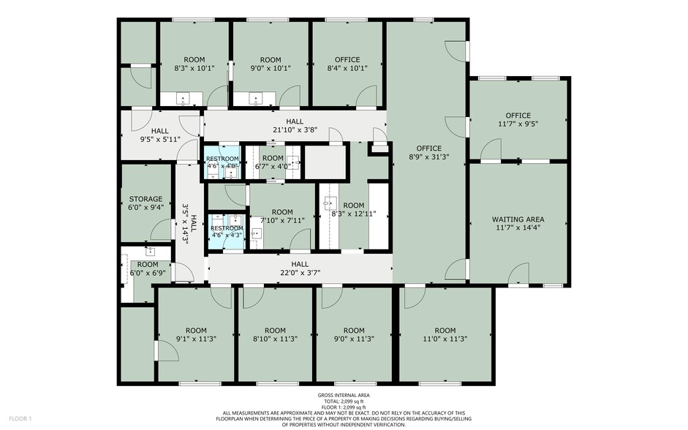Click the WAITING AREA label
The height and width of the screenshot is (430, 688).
pyautogui.click(x=518, y=223)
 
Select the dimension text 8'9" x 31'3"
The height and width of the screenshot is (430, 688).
pyautogui.click(x=428, y=156)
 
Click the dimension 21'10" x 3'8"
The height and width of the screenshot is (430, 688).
pyautogui.click(x=295, y=130)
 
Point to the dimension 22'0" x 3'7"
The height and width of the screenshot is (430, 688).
pyautogui.click(x=300, y=273)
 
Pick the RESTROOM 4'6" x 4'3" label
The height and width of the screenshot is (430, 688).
pyautogui.click(x=227, y=232)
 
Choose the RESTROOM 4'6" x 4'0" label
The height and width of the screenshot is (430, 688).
pyautogui.click(x=222, y=162)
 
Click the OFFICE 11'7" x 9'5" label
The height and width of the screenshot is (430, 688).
pyautogui.click(x=518, y=120)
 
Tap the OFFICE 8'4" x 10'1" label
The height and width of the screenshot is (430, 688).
pyautogui.click(x=347, y=64)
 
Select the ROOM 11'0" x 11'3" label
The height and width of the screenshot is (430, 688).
pyautogui.click(x=445, y=334)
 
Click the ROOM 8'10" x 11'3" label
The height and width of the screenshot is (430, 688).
pyautogui.click(x=275, y=334)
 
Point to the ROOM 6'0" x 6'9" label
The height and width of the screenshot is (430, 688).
pyautogui.click(x=148, y=268)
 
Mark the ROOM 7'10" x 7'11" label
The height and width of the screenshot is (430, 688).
pyautogui.click(x=282, y=216)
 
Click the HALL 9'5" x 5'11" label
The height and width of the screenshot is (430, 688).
pyautogui.click(x=160, y=135)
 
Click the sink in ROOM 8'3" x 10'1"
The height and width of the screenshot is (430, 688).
pyautogui.click(x=182, y=99)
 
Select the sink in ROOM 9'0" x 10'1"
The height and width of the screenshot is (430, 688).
pyautogui.click(x=255, y=99)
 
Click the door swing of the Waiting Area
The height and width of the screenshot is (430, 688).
pyautogui.click(x=518, y=273)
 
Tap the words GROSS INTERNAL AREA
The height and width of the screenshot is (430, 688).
pyautogui.click(x=344, y=395)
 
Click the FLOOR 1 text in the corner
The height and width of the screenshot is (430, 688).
pyautogui.click(x=20, y=418)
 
